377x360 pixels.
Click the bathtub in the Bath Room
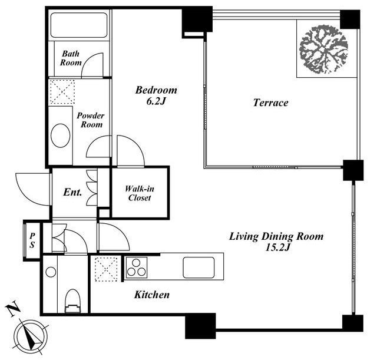79,25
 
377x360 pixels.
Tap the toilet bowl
72,301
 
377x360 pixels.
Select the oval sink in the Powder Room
61,136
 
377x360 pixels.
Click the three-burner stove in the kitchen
136,267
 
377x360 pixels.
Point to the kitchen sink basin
199,267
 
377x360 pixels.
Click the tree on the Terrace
323,49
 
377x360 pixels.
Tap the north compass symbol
31,335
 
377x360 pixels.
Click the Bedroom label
156,90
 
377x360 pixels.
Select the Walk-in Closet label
140,193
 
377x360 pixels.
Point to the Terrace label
271,103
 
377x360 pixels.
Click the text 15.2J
277,247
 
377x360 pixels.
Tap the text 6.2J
156,101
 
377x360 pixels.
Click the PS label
32,240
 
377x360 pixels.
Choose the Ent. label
72,192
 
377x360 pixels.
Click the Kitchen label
152,295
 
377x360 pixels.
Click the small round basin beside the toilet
51,272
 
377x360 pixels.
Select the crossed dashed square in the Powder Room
62,92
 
